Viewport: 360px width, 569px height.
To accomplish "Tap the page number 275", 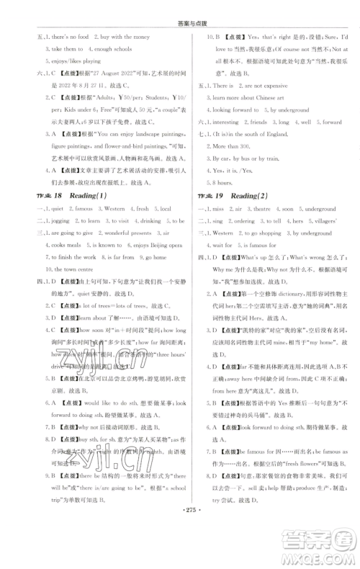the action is [179, 537].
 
